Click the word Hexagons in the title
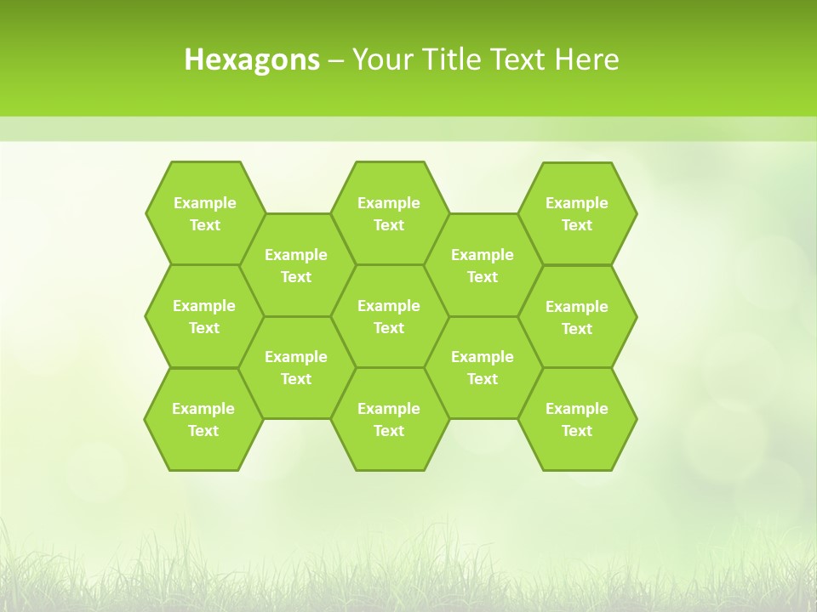(x=252, y=59)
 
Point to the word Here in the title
(x=586, y=59)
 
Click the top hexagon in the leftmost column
(x=204, y=213)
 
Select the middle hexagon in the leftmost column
(x=204, y=316)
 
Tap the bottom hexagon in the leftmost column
(x=203, y=419)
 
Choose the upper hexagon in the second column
(x=296, y=265)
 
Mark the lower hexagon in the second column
(x=296, y=367)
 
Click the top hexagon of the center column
(x=389, y=213)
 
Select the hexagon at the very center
(x=389, y=316)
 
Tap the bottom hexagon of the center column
(x=389, y=419)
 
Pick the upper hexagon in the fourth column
(x=483, y=265)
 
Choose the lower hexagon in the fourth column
(x=483, y=367)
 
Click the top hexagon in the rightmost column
(x=577, y=213)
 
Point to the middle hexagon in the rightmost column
(x=577, y=317)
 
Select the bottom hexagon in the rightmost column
(x=577, y=419)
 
